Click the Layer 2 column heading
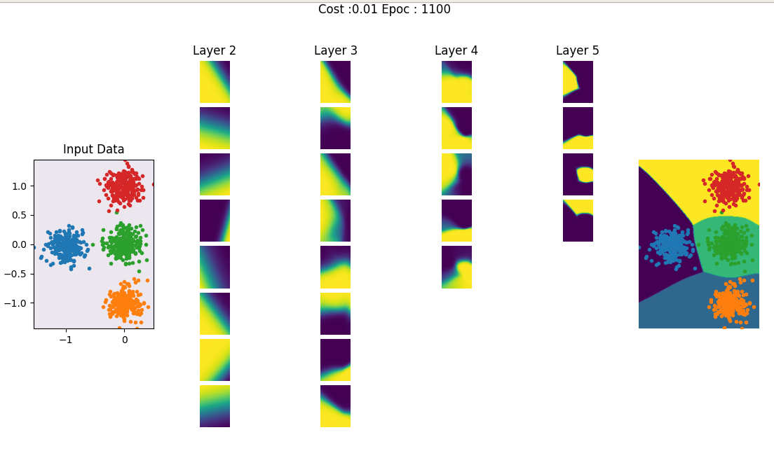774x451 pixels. tap(215, 50)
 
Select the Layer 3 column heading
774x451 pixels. tap(336, 50)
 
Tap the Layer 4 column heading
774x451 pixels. tap(456, 50)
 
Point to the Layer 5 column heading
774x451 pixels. tap(578, 50)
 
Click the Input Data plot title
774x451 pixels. tap(94, 149)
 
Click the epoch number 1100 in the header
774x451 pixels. tap(436, 9)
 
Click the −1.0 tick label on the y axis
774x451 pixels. tap(17, 303)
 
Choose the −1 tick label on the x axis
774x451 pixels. tap(65, 340)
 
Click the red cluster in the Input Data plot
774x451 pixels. tap(123, 187)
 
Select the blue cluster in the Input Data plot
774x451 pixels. tap(66, 246)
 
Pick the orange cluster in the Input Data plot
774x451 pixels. tap(123, 303)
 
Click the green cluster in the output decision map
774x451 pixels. tap(729, 244)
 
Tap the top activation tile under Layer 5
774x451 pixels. tap(578, 82)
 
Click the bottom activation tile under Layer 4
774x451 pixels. tap(456, 267)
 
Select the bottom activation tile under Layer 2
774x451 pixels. tap(215, 406)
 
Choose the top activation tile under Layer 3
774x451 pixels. tap(336, 82)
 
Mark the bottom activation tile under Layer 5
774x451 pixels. tap(578, 221)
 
